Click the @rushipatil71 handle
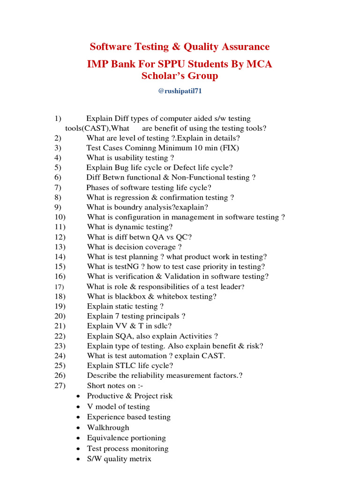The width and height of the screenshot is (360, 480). point(180,91)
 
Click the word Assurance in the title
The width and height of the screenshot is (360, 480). point(246,47)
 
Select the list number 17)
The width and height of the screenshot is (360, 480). point(59,286)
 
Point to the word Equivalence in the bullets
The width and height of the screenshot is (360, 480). point(107,438)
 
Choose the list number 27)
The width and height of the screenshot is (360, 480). point(60,385)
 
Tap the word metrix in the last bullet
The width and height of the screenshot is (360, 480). point(139,459)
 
